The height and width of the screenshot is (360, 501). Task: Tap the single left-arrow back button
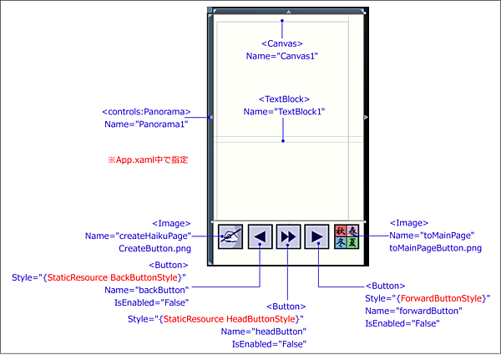click(260, 237)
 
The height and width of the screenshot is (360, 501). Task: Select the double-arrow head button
click(288, 237)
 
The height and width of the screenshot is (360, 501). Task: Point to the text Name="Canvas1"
click(282, 56)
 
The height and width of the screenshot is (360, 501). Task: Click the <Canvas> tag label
click(282, 43)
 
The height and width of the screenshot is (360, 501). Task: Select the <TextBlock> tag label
click(284, 99)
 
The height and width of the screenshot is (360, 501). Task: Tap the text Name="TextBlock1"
click(284, 111)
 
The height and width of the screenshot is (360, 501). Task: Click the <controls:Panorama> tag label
click(147, 111)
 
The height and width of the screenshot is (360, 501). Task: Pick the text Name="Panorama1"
click(147, 124)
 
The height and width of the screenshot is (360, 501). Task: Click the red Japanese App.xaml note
click(147, 159)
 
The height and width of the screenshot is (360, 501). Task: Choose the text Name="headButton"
click(263, 331)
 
